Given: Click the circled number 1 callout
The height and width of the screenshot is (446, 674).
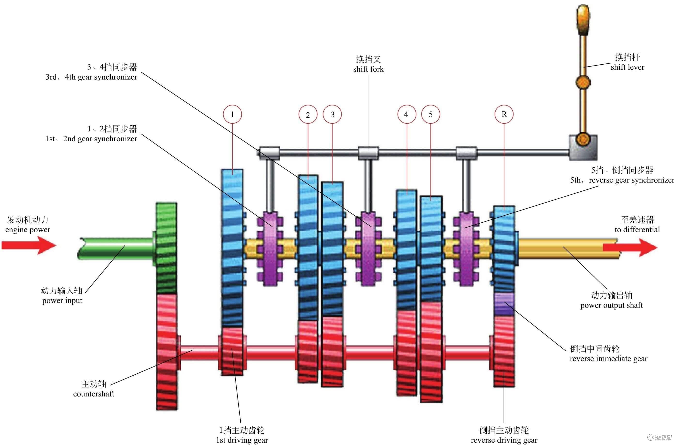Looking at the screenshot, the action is coord(232,114).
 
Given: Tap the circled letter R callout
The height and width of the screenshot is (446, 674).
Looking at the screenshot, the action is coord(504,114).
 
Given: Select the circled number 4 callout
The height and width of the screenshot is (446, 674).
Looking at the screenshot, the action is coord(406,114).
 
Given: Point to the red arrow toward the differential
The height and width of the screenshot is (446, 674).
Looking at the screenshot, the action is coord(630,248).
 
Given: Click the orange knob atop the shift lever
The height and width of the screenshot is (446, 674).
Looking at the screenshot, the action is coord(583,20).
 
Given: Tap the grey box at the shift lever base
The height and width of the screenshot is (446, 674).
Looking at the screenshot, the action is coord(583,148).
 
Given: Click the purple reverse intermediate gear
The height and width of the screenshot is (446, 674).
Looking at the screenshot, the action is coord(504,304).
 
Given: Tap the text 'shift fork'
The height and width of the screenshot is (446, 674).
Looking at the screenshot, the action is coord(368,69).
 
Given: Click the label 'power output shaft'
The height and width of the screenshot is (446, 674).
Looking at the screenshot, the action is coord(611,305).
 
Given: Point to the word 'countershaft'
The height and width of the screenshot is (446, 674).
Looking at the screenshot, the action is coord(94,394).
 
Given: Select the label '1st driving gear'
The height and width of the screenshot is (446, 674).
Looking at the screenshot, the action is coord(242,440).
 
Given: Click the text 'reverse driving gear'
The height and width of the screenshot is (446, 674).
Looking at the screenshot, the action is coord(504,440).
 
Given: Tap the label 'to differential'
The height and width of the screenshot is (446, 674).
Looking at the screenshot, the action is coord(637,230).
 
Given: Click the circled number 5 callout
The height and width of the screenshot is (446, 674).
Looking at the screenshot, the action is coord(430,114).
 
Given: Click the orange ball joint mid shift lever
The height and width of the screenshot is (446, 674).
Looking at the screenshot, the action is coord(583,82).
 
